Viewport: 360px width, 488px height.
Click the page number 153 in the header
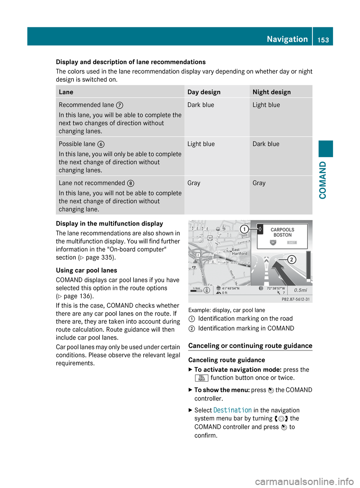tap(323, 40)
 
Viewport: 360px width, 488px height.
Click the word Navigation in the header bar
tap(287, 39)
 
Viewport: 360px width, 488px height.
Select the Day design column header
tap(204, 92)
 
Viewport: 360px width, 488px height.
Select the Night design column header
tap(271, 92)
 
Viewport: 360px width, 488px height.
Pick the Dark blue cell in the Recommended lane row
tap(201, 105)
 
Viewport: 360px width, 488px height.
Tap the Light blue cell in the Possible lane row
tap(201, 144)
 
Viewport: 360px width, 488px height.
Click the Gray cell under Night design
tap(259, 183)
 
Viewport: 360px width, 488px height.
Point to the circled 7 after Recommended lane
tap(120, 105)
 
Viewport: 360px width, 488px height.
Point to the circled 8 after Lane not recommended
tap(130, 183)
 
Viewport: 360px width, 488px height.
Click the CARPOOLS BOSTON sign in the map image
tap(282, 233)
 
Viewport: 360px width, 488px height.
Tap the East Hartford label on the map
tap(240, 251)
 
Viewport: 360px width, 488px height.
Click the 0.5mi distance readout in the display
tap(300, 290)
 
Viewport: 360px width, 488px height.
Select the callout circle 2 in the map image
tap(292, 259)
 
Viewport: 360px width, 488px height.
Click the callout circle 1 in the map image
tap(244, 229)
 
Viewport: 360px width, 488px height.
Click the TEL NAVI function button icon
tap(201, 378)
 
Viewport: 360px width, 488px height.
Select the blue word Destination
tap(232, 410)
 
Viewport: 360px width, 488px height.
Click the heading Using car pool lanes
tap(86, 271)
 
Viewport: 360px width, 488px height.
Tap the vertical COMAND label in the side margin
tap(323, 180)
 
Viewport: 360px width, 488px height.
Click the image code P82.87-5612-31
tap(295, 299)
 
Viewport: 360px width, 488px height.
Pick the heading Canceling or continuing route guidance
tap(250, 346)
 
